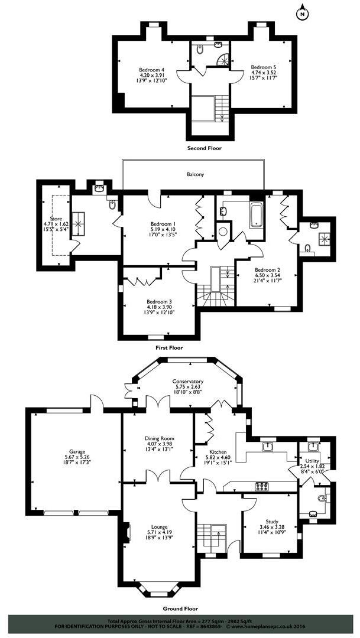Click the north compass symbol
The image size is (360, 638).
[303, 12]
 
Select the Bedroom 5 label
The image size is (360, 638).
[262, 67]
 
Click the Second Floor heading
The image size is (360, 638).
[204, 148]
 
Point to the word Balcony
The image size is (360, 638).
[196, 175]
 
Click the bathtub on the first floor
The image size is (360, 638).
[256, 215]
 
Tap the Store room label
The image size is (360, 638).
[56, 219]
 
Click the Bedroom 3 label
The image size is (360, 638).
[158, 300]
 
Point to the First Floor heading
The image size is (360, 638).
[169, 348]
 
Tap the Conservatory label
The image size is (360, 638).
[188, 382]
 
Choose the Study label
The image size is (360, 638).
[272, 522]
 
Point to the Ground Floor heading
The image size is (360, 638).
[180, 608]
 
